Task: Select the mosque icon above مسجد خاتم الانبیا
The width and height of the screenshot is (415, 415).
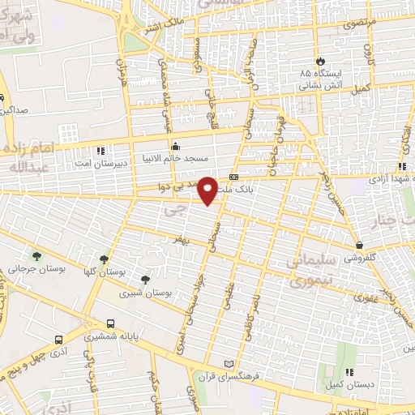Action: (174, 146)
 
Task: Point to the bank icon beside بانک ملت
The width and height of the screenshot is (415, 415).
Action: (234, 176)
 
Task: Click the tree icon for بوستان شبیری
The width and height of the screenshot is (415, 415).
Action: (146, 280)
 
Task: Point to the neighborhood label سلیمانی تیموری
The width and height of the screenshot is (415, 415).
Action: (316, 272)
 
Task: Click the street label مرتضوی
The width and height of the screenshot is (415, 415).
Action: (362, 27)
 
